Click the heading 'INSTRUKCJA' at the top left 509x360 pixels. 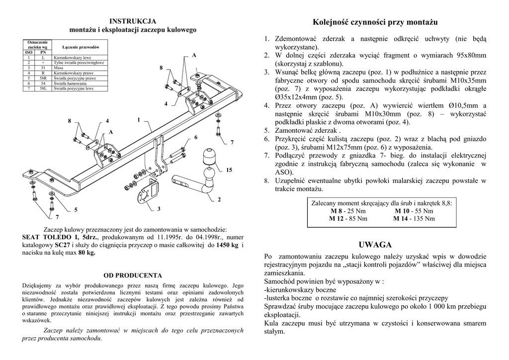133,21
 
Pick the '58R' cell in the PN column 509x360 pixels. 43,78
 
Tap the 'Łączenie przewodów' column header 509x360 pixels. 81,47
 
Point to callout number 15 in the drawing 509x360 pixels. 229,171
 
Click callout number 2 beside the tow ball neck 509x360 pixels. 219,200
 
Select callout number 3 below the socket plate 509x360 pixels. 159,209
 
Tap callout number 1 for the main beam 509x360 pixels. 139,119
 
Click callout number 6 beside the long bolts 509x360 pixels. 196,137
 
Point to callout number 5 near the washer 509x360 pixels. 76,210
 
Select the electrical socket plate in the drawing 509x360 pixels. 149,191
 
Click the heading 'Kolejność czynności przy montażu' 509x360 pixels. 375,22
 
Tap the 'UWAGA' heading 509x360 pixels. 375,245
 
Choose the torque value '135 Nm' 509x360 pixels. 424,218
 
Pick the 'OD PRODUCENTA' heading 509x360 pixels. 133,275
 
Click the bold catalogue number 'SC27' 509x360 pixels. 62,245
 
